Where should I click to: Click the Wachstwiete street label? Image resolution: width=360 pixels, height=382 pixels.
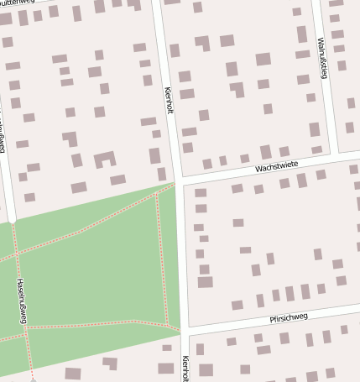[278, 168]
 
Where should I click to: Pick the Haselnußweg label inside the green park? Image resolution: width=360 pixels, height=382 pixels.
[22, 298]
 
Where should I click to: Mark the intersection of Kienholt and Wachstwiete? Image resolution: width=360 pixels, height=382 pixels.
[179, 181]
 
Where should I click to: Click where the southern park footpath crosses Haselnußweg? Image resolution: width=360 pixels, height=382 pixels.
[26, 330]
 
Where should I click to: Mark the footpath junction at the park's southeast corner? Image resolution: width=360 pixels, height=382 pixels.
[168, 324]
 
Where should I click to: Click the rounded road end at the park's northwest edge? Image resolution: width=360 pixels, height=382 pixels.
[13, 222]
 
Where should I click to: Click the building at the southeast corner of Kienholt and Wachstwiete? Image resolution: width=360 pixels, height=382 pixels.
[201, 192]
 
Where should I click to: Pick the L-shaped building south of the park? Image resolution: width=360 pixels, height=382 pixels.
[110, 363]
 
